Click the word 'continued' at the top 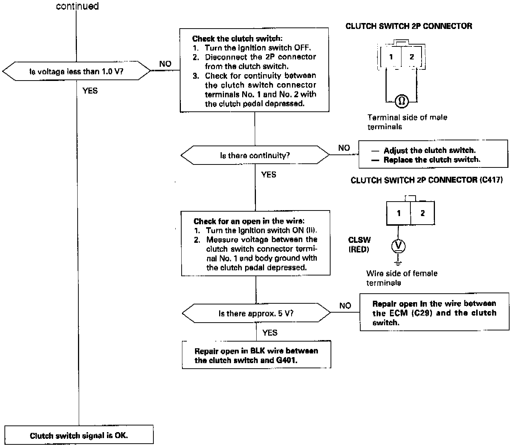tap(77, 6)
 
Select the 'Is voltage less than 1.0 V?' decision tap(76, 71)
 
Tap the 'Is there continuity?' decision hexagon tap(255, 155)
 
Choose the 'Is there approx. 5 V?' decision tap(256, 313)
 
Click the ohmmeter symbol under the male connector tap(402, 101)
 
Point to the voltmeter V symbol tap(398, 246)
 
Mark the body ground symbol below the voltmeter tap(398, 262)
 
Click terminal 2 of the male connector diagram tap(412, 57)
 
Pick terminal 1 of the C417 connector tap(399, 213)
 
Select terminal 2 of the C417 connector tap(422, 213)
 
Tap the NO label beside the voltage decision tap(165, 64)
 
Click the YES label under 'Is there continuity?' tap(269, 174)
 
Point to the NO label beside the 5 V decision tap(345, 305)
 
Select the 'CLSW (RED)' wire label tap(359, 245)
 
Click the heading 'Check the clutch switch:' tap(237, 39)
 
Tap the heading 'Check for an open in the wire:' tap(249, 221)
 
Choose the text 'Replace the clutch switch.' tap(432, 160)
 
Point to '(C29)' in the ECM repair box tap(422, 313)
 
